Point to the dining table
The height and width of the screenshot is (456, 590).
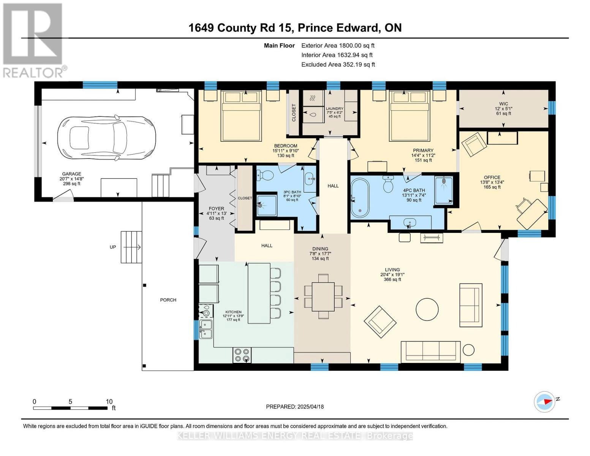[323, 296]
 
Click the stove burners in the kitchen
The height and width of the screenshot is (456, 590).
[242, 355]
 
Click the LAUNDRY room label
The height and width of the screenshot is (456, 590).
[334, 109]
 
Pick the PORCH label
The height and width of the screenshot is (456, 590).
[168, 300]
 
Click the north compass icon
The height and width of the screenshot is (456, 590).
[545, 402]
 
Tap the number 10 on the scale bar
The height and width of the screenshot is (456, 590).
[109, 401]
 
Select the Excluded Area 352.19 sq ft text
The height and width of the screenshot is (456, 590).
[338, 65]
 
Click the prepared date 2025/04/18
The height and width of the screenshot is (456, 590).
[295, 407]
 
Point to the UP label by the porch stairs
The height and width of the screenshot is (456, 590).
[113, 247]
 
